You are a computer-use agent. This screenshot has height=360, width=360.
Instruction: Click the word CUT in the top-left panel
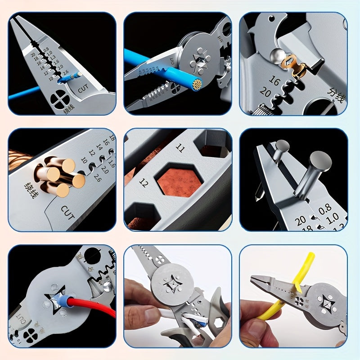point(83,89)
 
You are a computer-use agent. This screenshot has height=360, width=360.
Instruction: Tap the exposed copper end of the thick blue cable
point(197,84)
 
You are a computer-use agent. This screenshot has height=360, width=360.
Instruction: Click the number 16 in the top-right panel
point(274,81)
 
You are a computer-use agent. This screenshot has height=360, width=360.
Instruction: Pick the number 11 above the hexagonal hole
point(180,148)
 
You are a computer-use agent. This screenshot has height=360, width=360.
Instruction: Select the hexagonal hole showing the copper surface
point(179,179)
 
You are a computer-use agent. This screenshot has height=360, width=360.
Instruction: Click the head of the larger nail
point(320,161)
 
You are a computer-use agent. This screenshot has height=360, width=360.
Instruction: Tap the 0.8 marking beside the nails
point(324,207)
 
